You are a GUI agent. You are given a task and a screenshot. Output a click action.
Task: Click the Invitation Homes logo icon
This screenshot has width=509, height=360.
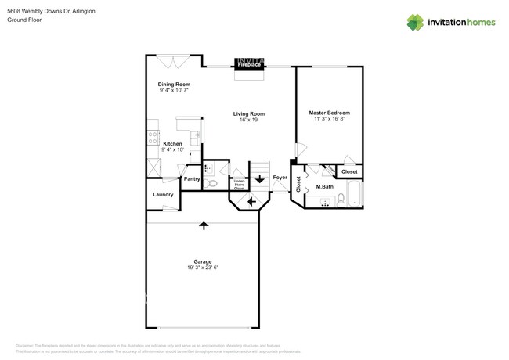[x=415, y=22]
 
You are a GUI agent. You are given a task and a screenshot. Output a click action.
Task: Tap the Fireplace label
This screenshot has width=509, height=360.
[x=250, y=66]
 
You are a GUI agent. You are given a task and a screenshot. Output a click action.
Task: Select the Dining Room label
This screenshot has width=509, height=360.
[x=174, y=84]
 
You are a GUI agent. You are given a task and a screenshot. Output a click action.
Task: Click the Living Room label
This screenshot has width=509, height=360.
[x=249, y=114]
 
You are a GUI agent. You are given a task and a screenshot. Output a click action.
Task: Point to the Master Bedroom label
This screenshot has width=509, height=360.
[x=330, y=113]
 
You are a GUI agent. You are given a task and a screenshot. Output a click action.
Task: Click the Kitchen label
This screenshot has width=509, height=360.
[x=172, y=144]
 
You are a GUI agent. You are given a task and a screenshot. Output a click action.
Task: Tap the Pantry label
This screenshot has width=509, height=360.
[x=192, y=179]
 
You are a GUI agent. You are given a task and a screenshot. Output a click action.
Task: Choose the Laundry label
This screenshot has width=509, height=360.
[x=163, y=195]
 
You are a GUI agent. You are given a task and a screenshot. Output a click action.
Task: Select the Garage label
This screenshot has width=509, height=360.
[x=203, y=261]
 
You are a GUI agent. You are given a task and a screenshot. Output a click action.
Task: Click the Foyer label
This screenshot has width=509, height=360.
[x=280, y=178]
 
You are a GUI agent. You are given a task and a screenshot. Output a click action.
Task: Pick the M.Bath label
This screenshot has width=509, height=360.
[x=325, y=186]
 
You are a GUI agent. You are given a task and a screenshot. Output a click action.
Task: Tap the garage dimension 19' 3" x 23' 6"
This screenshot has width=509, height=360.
[x=203, y=268]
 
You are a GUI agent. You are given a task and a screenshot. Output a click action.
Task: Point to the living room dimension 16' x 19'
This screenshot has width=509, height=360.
[x=249, y=120]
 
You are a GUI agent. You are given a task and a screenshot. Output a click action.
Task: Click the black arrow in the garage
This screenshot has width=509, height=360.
[x=204, y=225]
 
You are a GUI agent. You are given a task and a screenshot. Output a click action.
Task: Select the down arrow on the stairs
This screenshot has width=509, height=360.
[x=259, y=178]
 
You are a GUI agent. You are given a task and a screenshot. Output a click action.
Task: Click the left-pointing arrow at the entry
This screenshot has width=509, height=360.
[x=251, y=202]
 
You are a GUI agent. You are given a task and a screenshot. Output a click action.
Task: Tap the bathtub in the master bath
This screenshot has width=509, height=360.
[x=354, y=194]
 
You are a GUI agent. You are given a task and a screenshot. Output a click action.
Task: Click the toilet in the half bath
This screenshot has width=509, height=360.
[x=211, y=182]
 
